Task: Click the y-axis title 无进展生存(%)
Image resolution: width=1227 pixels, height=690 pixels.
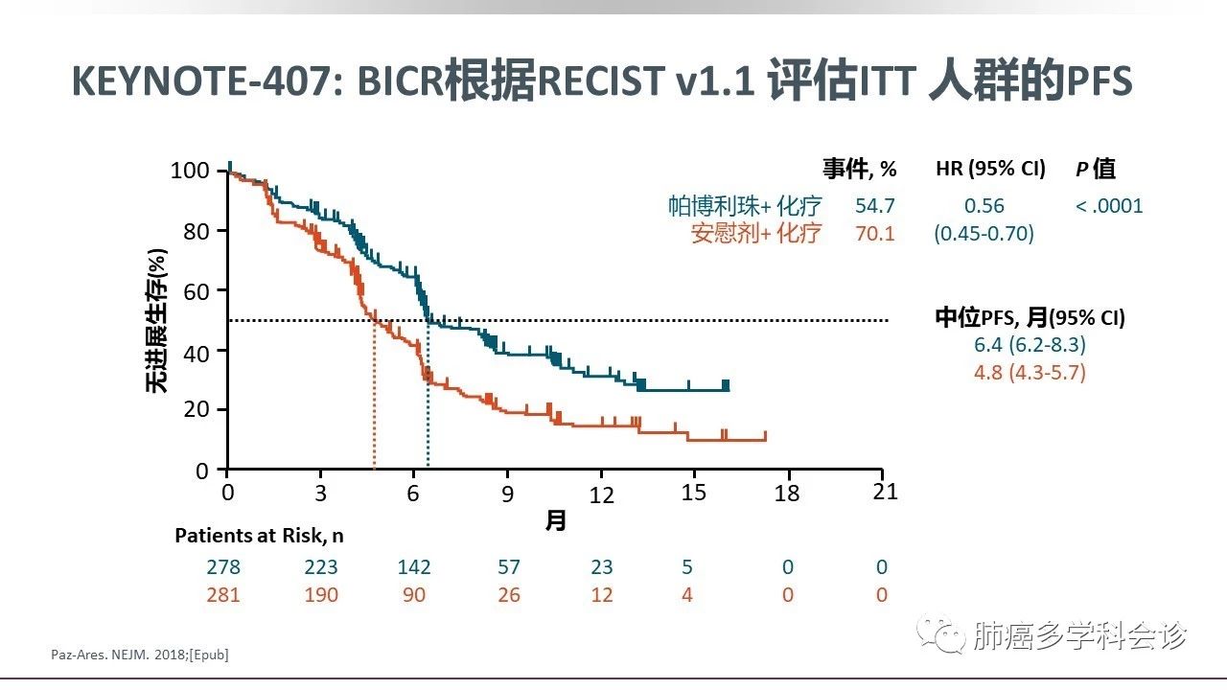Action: click(156, 319)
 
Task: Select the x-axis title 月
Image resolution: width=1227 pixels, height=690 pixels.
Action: click(556, 521)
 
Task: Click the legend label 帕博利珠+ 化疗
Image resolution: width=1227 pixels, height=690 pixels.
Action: click(745, 206)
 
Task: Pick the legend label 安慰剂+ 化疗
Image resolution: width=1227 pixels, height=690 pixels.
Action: click(755, 233)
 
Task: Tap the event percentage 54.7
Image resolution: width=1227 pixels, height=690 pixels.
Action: click(875, 206)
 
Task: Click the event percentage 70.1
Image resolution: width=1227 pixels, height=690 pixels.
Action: click(875, 233)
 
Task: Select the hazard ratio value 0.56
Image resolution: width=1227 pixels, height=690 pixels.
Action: click(984, 206)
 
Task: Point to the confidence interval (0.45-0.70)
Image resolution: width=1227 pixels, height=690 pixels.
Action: click(984, 233)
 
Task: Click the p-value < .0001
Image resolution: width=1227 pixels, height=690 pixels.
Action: click(1109, 206)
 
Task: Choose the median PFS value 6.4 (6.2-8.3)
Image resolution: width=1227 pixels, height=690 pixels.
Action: click(1030, 346)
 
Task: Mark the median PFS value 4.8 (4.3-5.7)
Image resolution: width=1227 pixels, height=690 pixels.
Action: click(1030, 373)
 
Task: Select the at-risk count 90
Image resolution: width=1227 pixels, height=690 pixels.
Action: click(415, 595)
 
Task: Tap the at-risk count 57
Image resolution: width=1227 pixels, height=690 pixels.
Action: click(509, 567)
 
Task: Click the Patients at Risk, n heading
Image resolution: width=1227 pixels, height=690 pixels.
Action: click(259, 537)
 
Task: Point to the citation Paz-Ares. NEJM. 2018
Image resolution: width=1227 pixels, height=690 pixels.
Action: click(139, 655)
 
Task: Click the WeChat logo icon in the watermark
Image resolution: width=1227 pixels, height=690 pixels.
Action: click(938, 634)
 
